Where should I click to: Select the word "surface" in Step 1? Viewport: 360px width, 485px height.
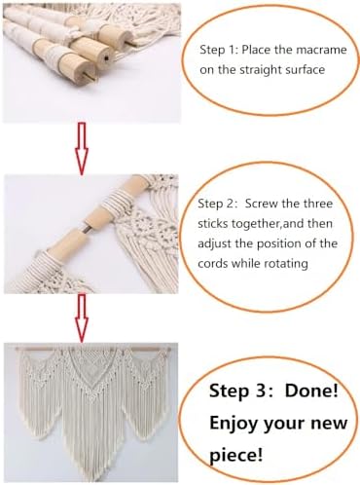click(305, 70)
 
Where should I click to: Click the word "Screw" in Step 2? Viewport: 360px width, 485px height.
click(262, 204)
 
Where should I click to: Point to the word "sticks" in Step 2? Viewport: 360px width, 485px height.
click(213, 224)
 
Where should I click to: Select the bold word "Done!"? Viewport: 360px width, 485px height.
click(311, 391)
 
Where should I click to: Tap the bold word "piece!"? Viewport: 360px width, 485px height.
click(235, 455)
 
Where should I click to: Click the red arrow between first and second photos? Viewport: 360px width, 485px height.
click(82, 149)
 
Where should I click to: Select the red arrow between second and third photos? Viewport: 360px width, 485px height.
click(82, 318)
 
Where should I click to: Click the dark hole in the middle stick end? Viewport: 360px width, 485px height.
click(106, 58)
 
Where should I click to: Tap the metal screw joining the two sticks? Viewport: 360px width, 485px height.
click(85, 226)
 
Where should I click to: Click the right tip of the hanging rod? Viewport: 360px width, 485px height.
click(170, 350)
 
